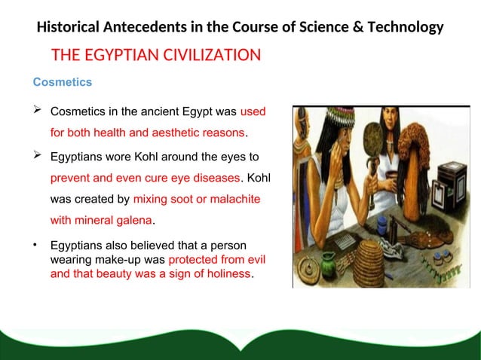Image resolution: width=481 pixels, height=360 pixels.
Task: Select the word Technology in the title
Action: [x=407, y=28]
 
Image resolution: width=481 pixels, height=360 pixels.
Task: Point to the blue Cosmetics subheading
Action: [x=62, y=81]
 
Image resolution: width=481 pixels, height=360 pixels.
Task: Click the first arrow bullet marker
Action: [x=36, y=111]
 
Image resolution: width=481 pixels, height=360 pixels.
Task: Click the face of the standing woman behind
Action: [x=389, y=121]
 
